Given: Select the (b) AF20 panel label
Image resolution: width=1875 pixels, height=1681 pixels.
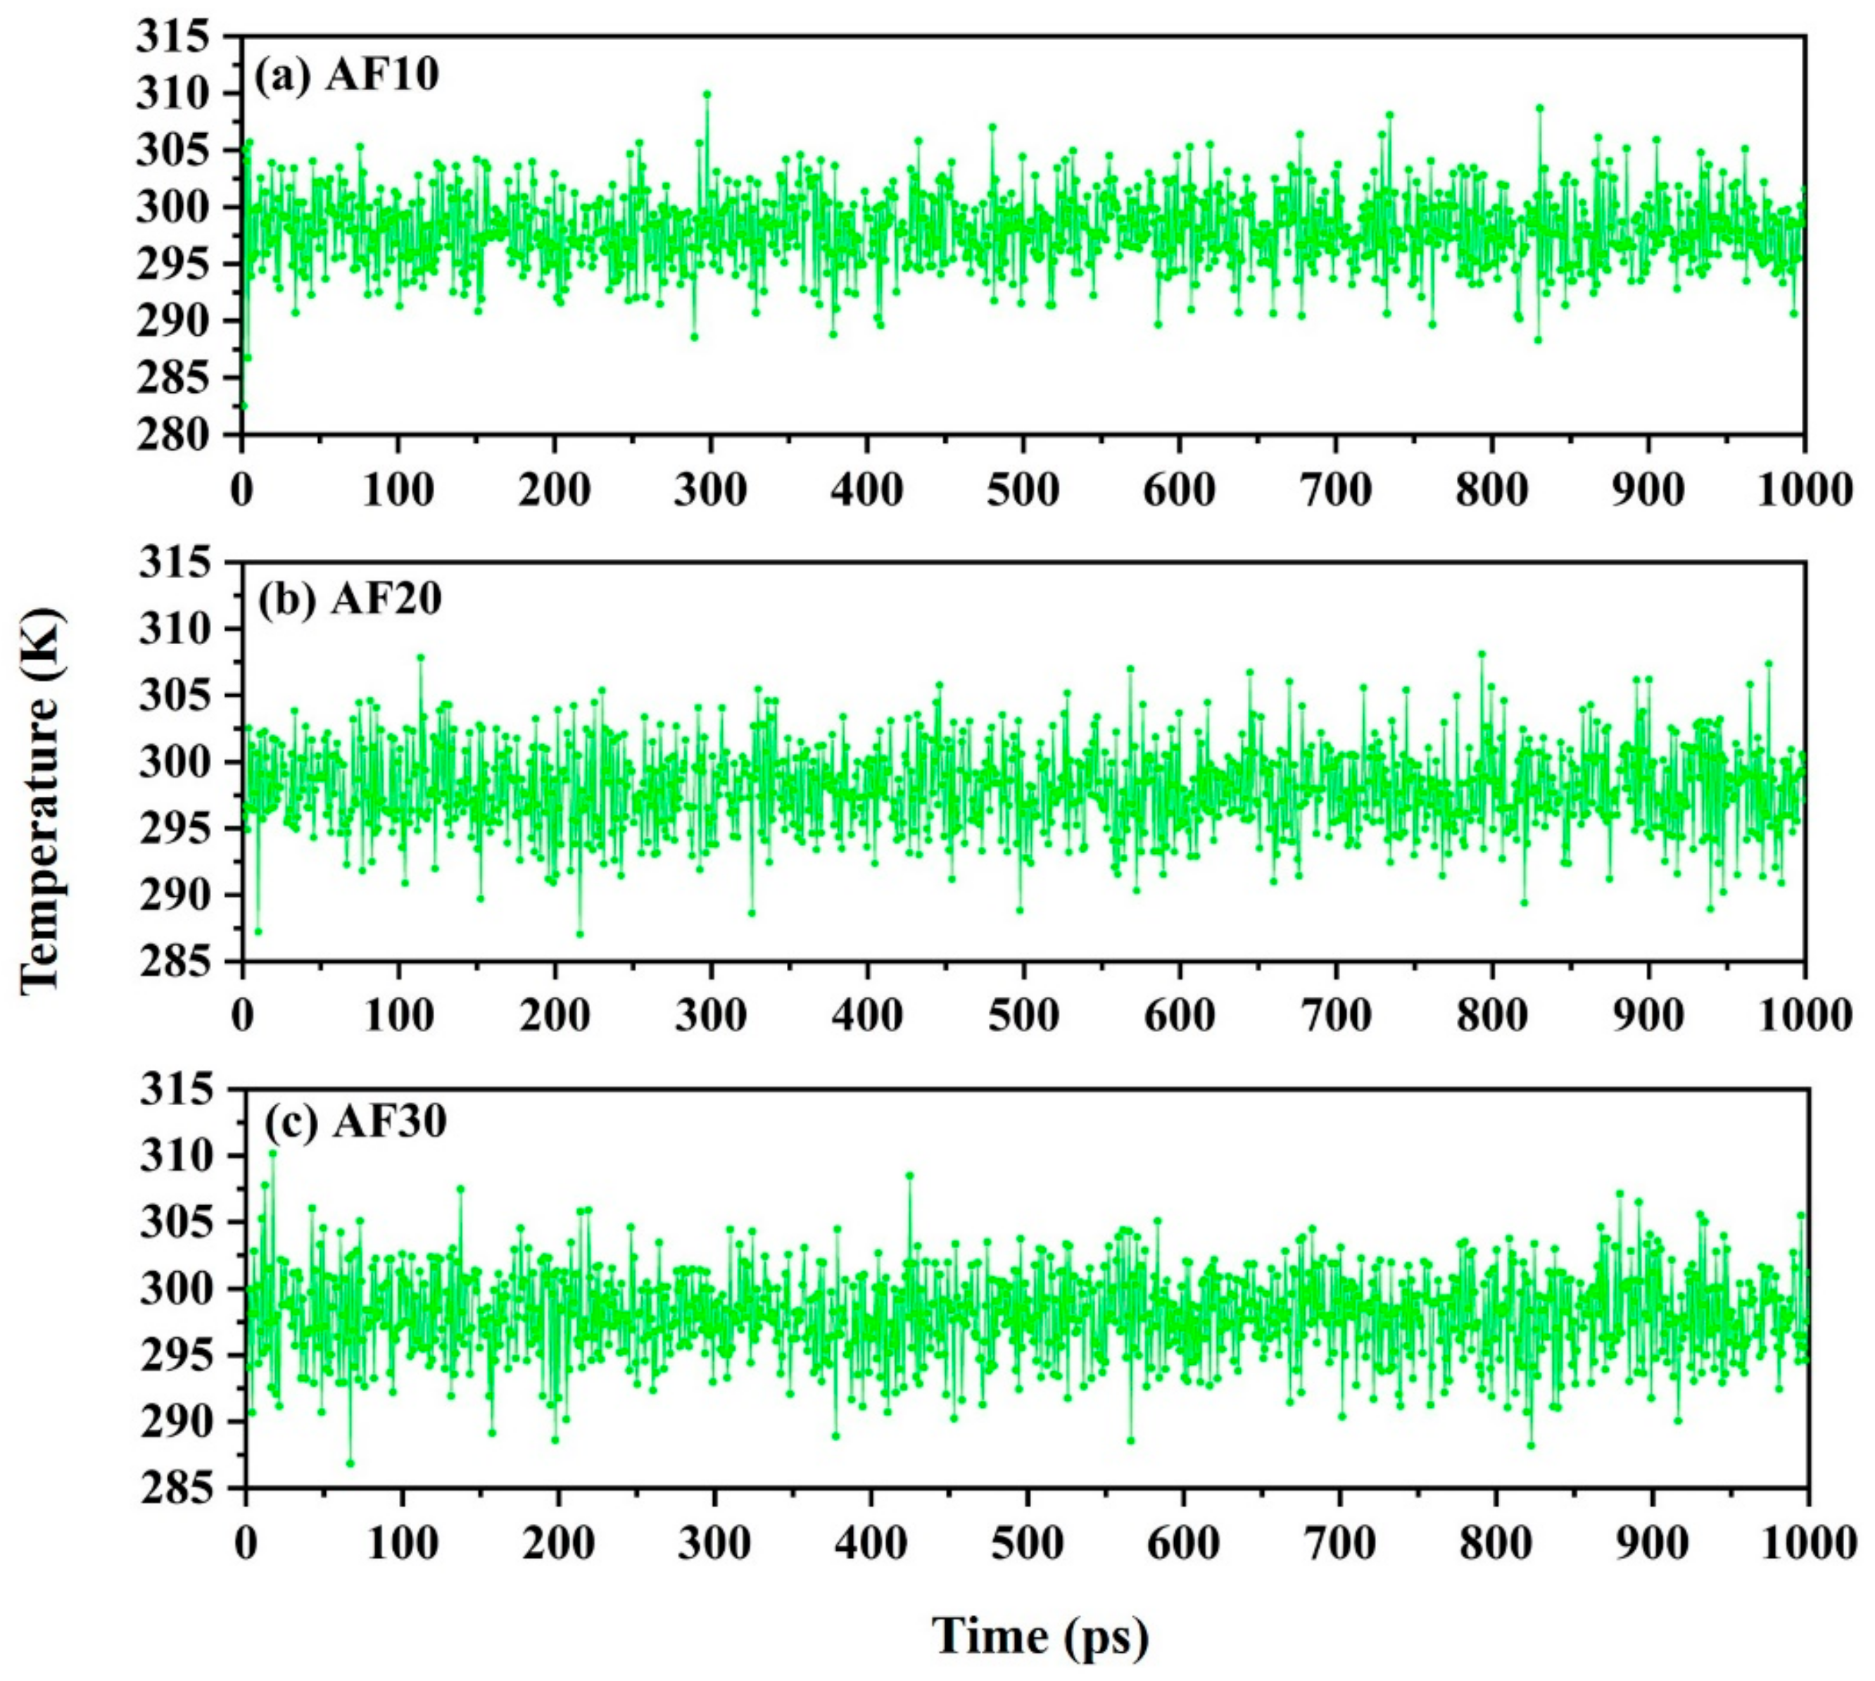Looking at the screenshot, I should (349, 600).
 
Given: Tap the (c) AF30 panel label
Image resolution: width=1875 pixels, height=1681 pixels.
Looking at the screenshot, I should (355, 1122).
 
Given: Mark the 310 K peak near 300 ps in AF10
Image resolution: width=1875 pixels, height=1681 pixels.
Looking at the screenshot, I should (707, 94).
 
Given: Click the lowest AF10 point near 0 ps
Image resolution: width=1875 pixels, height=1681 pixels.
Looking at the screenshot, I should (243, 405).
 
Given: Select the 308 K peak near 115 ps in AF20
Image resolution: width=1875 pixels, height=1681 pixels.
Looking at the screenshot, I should (420, 657).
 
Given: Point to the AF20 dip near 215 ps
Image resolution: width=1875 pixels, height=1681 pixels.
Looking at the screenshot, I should (579, 934).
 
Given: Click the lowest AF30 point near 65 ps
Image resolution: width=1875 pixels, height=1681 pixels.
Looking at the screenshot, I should (349, 1463).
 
